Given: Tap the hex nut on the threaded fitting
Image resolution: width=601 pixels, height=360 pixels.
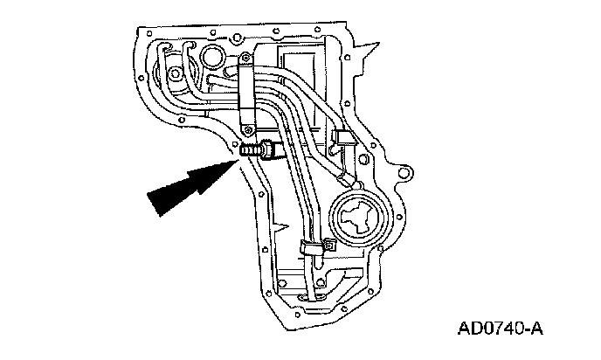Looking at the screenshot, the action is click(267, 151).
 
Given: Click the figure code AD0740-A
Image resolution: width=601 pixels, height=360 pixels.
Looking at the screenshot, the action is click(500, 330).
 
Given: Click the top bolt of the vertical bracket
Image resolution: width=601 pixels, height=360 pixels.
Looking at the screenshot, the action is click(247, 60).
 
